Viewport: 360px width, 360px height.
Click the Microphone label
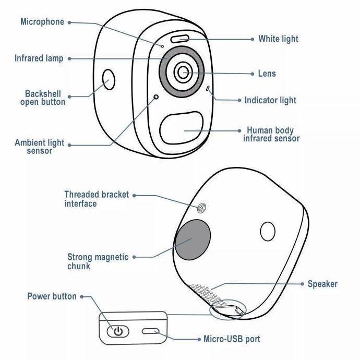[x=42, y=22]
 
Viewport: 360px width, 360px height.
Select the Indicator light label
[x=270, y=100]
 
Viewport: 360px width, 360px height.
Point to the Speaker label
[x=322, y=284]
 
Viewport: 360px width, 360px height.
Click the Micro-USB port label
[x=231, y=339]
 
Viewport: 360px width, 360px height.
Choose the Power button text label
[x=52, y=296]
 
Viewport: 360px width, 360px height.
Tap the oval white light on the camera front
[x=179, y=38]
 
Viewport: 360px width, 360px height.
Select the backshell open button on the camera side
[x=109, y=80]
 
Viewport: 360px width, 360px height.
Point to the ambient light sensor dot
[x=155, y=98]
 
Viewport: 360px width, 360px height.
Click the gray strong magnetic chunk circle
[x=192, y=239]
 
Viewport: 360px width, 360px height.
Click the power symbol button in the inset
[x=118, y=331]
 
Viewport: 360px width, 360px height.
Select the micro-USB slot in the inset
[x=151, y=331]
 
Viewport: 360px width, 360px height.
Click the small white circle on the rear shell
[x=268, y=231]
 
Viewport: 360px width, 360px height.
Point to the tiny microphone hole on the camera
[x=162, y=45]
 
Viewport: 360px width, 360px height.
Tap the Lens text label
[x=267, y=74]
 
